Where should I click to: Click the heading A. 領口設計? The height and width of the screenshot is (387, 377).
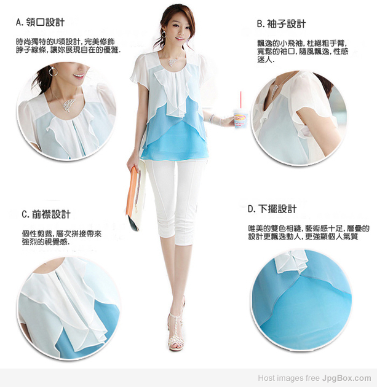click(40, 22)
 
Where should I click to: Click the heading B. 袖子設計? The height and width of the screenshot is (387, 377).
click(282, 24)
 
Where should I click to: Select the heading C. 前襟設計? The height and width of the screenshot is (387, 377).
click(46, 214)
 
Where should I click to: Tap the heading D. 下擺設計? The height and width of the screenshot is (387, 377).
click(272, 209)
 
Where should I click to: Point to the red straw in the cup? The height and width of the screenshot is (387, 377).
click(240, 100)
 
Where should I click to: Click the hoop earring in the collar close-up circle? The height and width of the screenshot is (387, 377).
click(53, 71)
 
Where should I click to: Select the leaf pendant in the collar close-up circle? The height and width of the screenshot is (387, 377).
click(68, 105)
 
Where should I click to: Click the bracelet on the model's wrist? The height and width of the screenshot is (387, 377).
click(212, 118)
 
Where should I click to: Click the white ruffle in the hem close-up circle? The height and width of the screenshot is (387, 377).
click(291, 261)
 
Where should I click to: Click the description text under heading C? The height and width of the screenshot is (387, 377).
click(62, 238)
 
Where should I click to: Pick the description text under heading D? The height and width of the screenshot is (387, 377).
click(309, 232)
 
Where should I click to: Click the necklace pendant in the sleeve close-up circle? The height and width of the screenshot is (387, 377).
click(276, 91)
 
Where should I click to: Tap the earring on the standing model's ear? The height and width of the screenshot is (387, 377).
click(164, 34)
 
